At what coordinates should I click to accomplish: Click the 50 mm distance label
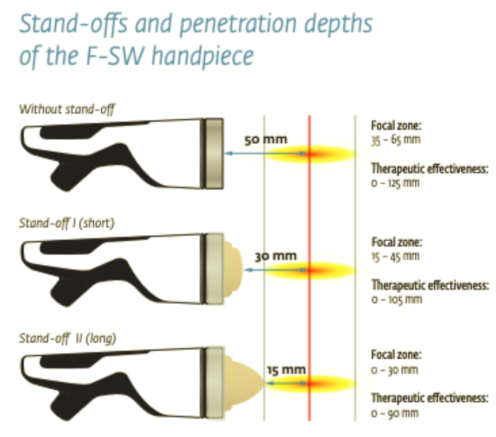[x=266, y=139]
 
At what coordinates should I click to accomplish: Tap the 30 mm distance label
[x=276, y=256]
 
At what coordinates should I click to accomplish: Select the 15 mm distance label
[x=286, y=370]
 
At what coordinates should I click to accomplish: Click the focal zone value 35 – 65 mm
[x=396, y=140]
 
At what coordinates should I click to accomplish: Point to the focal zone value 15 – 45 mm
[x=395, y=256]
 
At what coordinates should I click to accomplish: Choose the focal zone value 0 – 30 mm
[x=395, y=370]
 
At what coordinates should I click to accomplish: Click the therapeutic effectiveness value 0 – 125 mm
[x=395, y=183]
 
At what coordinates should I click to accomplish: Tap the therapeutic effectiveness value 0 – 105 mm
[x=397, y=299]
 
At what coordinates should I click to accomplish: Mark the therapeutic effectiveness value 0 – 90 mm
[x=395, y=413]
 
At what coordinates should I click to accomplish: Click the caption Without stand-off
[x=67, y=110]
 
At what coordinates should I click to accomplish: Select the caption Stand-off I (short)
[x=67, y=223]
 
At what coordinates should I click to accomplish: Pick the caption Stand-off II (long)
[x=67, y=338]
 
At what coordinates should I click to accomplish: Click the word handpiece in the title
[x=203, y=56]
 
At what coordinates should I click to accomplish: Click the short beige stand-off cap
[x=233, y=269]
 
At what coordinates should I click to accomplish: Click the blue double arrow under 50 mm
[x=266, y=153]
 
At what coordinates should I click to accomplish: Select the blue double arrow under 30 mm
[x=277, y=270]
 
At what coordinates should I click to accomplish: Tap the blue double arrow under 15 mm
[x=287, y=383]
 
